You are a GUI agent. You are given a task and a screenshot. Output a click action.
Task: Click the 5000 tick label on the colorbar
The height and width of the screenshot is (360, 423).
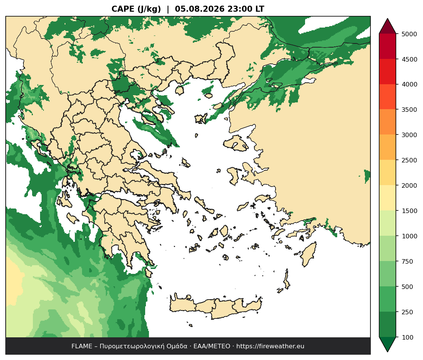(409, 34)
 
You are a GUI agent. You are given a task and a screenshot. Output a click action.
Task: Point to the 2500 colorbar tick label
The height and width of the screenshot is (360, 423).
(409, 160)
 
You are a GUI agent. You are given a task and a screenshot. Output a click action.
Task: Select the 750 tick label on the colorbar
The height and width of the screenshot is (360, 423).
(408, 261)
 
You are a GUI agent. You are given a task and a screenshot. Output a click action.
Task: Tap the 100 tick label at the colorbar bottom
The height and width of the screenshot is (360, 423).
(408, 337)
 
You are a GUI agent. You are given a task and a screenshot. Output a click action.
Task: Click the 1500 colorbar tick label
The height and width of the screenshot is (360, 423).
(409, 211)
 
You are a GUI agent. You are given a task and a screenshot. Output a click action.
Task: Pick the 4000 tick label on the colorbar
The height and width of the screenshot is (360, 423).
(409, 84)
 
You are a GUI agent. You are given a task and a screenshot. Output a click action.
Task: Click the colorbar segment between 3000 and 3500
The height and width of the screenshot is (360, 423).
(387, 122)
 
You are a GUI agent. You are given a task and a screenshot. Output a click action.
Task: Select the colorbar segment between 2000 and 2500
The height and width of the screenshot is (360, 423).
(387, 173)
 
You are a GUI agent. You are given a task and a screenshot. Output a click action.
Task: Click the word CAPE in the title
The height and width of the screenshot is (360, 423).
(123, 9)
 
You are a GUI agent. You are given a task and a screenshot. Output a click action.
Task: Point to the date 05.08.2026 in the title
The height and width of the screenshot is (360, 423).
(200, 9)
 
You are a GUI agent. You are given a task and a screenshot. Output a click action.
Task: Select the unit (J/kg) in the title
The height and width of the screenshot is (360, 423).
(149, 9)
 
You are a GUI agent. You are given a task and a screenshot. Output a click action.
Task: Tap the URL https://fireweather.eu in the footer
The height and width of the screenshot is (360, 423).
(270, 346)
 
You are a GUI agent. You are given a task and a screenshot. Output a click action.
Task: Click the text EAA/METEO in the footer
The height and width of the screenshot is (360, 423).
(212, 346)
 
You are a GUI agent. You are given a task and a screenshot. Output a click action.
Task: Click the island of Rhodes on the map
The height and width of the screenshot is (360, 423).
(308, 254)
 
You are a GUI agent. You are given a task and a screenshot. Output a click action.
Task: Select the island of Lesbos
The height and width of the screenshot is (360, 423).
(236, 143)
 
